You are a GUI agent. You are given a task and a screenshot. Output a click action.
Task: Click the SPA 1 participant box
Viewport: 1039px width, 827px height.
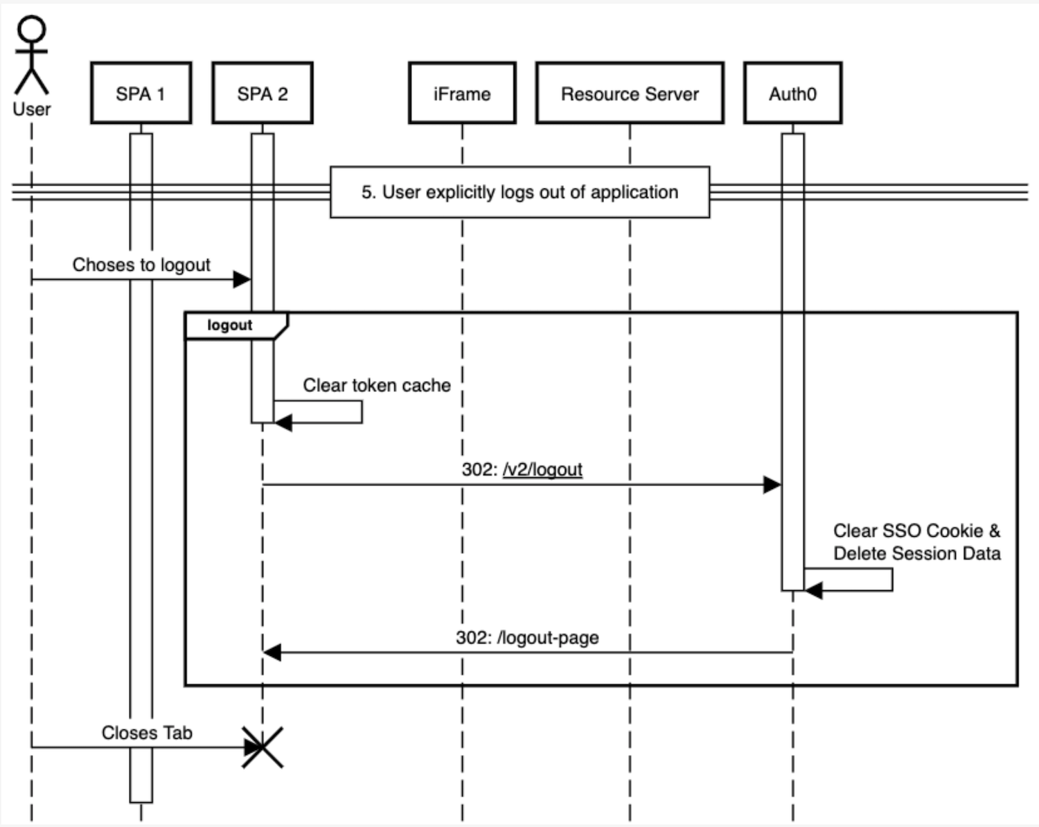tap(141, 94)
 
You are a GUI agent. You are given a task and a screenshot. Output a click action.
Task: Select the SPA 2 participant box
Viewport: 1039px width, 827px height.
tap(263, 94)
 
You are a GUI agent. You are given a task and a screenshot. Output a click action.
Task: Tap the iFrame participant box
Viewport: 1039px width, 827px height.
tap(462, 94)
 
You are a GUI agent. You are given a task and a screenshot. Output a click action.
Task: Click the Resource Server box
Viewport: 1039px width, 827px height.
tap(630, 94)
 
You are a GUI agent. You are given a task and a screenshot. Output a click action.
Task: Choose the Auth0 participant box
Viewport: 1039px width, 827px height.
tap(792, 94)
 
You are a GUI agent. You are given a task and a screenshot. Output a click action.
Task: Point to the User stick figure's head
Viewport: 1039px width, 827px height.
tap(32, 30)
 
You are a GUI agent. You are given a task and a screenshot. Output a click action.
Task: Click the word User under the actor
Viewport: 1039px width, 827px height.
tap(32, 109)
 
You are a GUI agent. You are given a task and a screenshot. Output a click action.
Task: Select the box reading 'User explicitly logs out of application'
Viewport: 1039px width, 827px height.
tap(519, 192)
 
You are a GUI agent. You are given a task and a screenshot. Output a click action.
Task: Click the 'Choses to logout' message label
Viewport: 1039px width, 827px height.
tap(141, 265)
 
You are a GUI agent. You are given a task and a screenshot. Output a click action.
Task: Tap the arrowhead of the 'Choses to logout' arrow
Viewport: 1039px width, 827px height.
tap(242, 280)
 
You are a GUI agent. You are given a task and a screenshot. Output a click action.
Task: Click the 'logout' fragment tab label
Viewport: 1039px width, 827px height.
tap(229, 326)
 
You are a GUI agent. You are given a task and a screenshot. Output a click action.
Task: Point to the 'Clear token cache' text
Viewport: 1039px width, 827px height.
tap(376, 386)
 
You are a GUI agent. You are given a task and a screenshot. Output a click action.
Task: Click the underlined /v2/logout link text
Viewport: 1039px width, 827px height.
tap(542, 470)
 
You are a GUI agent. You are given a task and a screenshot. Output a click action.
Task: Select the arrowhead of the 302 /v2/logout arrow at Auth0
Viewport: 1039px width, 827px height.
tap(772, 485)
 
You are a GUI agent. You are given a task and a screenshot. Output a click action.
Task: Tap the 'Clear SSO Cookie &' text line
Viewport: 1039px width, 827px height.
tap(916, 531)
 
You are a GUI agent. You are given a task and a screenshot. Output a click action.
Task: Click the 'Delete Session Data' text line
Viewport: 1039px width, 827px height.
tap(916, 553)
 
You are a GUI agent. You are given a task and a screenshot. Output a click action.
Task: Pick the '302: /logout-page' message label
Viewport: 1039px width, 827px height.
tap(527, 638)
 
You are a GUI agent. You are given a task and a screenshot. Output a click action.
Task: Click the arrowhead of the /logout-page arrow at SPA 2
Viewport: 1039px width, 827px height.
tap(272, 652)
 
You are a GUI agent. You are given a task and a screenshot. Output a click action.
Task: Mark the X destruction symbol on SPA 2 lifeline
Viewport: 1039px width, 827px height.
tap(263, 747)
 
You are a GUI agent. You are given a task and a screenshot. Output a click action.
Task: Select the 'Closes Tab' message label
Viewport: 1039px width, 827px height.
tap(147, 733)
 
